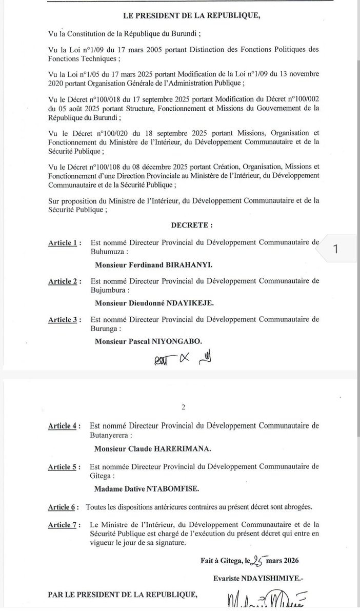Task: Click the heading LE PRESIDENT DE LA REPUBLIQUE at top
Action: (192, 16)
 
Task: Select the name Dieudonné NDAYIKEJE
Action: (154, 303)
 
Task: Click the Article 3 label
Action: (64, 320)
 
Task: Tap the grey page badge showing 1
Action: (336, 250)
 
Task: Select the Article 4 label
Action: (64, 426)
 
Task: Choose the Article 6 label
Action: (64, 507)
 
